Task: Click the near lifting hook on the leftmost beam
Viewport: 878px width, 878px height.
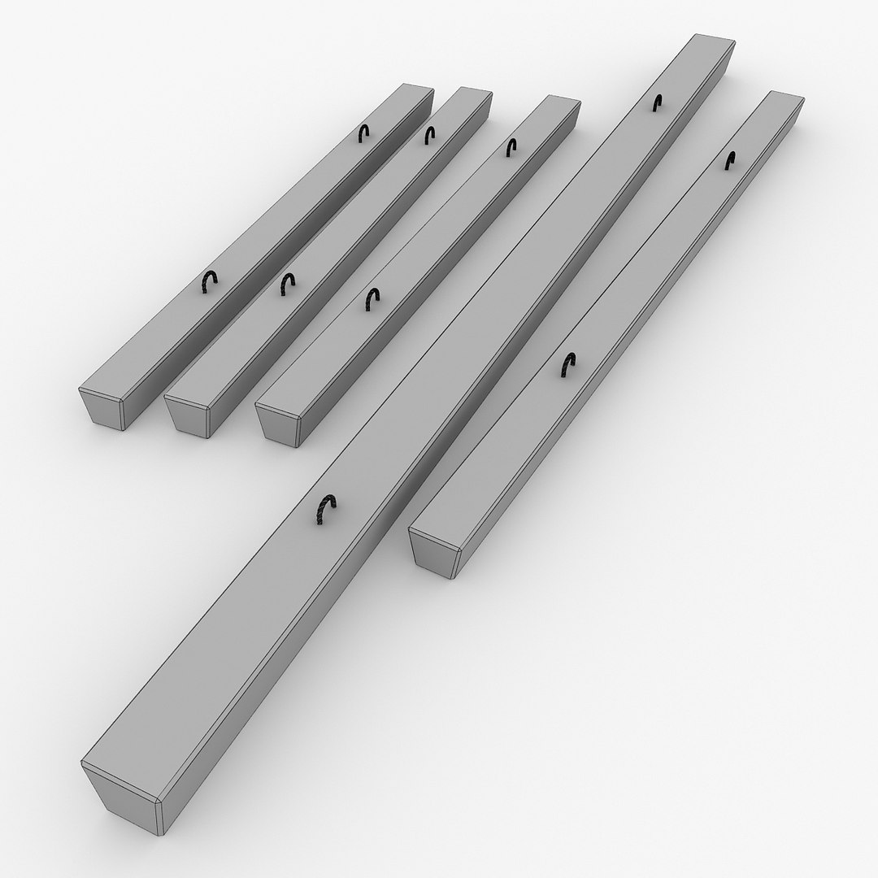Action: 210,281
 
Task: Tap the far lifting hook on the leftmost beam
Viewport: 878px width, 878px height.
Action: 366,134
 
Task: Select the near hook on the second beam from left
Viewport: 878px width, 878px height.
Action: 286,284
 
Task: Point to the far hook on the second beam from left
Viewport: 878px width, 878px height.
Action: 428,134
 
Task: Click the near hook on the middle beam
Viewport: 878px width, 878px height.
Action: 372,298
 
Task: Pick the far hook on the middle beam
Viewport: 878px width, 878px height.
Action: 511,147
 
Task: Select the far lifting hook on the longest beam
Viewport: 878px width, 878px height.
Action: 658,102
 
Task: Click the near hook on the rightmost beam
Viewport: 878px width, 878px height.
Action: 567,366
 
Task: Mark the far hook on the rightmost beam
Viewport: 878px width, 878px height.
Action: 730,160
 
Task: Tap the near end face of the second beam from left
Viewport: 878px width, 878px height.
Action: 185,416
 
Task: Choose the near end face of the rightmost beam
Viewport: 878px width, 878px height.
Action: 433,554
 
